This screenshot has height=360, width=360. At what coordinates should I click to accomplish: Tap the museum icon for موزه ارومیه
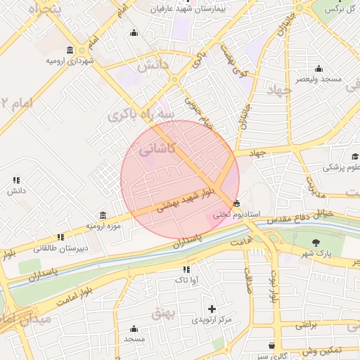tap(104, 214)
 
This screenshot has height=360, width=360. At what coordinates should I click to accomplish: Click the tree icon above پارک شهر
tap(315, 243)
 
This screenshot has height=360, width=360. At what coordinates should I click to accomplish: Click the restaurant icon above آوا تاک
tap(186, 269)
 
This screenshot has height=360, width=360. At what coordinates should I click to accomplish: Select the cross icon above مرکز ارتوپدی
tap(212, 309)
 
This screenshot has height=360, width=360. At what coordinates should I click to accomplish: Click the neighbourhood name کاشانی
tap(156, 148)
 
